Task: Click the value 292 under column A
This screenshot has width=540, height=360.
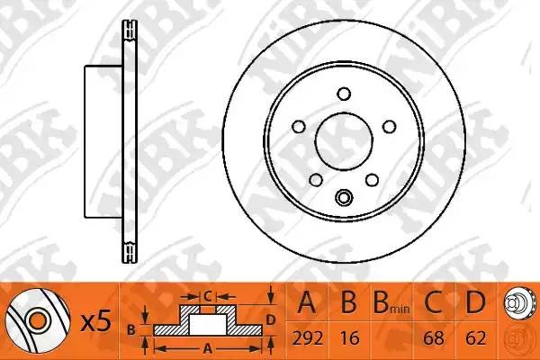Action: click(307, 338)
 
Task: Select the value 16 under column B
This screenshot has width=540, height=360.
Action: click(349, 338)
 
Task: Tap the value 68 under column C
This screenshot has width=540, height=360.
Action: click(434, 338)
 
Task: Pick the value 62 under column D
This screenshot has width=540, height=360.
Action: click(475, 338)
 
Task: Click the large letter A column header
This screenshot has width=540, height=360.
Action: click(307, 302)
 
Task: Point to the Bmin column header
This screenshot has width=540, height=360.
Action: click(391, 303)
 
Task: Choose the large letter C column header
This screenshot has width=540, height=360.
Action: click(433, 302)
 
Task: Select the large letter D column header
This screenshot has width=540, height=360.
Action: click(475, 302)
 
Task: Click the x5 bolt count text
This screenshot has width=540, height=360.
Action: click(96, 321)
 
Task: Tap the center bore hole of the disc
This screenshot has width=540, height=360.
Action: click(344, 141)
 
